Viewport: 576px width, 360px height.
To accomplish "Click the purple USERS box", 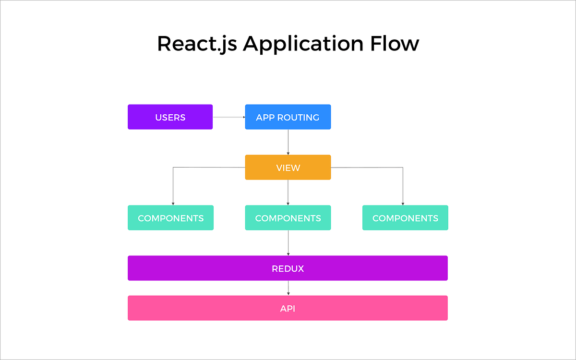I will [x=170, y=117].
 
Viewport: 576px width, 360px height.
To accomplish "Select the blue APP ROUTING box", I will [x=288, y=117].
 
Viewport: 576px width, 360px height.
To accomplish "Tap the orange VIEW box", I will [x=288, y=168].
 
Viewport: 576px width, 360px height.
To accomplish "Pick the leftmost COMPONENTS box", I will [x=170, y=218].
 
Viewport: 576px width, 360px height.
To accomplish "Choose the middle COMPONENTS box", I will [x=288, y=218].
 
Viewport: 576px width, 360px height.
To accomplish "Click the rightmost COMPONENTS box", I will [x=405, y=218].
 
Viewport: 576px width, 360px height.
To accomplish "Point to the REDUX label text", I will [x=288, y=268].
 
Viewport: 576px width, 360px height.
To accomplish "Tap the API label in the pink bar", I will [x=288, y=308].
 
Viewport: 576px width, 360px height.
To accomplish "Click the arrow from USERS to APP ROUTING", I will [x=228, y=117].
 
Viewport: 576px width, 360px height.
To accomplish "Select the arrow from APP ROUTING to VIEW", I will [x=288, y=142].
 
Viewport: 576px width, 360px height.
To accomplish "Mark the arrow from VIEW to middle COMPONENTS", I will [x=288, y=192].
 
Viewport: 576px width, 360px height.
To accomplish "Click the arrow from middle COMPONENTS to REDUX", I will [x=288, y=243].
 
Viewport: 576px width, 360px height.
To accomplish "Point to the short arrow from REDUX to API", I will [x=288, y=288].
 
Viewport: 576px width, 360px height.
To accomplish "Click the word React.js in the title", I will [x=197, y=44].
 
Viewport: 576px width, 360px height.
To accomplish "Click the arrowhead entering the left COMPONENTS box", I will [x=173, y=204].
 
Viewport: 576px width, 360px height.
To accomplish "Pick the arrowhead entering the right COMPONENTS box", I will [x=403, y=204].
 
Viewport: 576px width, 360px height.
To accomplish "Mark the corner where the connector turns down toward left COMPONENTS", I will [x=173, y=168].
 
